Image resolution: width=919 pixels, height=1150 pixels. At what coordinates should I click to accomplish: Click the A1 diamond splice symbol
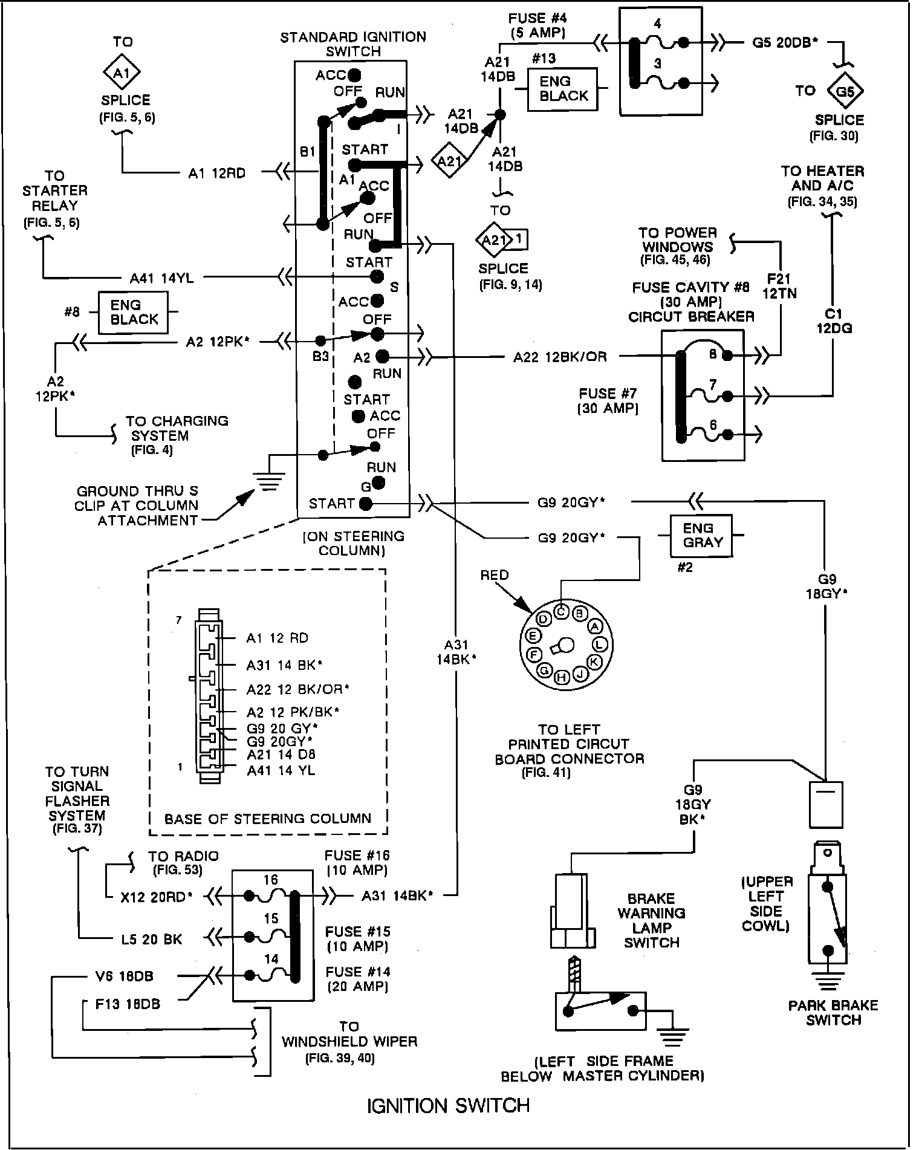123,73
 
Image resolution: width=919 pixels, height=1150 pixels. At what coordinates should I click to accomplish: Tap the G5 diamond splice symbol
845,91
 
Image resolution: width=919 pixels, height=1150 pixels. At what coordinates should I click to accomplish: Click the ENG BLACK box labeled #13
562,89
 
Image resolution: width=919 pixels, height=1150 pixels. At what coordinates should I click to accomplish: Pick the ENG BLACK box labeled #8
134,312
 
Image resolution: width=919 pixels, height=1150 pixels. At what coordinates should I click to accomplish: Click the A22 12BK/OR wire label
560,357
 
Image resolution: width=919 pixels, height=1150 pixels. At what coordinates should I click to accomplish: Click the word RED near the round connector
495,575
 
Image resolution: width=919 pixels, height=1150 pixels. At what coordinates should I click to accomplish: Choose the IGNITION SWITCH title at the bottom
448,1106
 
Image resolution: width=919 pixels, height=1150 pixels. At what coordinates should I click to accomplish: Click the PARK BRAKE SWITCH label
833,1013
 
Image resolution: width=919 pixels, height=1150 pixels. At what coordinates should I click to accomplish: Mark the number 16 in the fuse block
270,880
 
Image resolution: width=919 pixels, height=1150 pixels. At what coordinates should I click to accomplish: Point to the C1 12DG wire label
834,321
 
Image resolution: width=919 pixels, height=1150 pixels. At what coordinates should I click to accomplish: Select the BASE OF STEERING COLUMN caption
268,819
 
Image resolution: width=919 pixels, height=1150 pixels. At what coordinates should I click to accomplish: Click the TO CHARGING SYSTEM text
177,428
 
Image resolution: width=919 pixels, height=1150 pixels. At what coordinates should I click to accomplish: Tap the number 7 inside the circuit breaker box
713,385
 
